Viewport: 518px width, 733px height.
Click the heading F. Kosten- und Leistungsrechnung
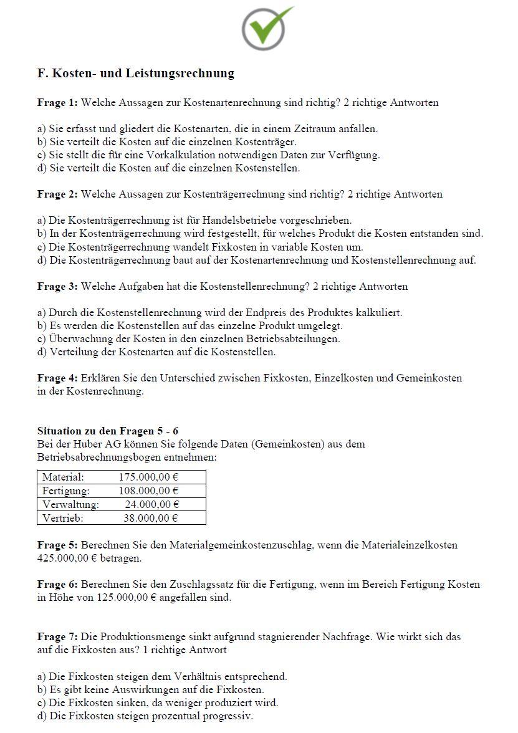(136, 74)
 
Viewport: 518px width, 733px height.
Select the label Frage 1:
(57, 102)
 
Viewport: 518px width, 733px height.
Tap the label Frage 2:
(57, 194)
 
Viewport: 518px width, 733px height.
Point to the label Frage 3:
(57, 286)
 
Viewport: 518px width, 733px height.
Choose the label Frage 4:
(57, 378)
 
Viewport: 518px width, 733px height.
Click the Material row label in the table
(63, 477)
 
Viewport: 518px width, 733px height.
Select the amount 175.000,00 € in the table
(148, 477)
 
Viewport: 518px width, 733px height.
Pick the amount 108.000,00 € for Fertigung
(148, 491)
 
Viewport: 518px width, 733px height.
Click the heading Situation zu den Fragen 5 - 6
(108, 431)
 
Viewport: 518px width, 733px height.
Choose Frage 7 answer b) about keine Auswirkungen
(150, 689)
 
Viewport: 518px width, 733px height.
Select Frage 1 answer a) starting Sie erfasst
(208, 128)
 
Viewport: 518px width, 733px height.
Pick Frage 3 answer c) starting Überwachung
(188, 338)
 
